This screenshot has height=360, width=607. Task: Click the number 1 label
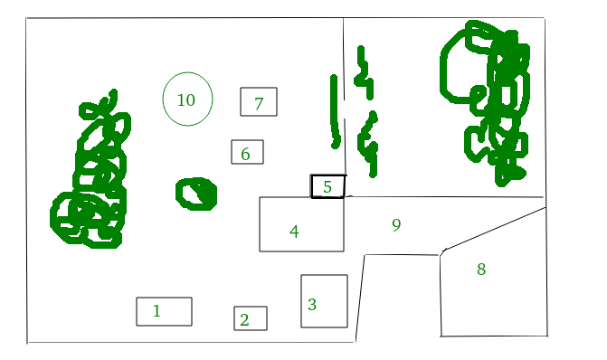click(156, 311)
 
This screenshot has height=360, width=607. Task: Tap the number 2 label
click(244, 320)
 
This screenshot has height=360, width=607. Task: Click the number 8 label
click(481, 269)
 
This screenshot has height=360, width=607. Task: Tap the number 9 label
click(396, 224)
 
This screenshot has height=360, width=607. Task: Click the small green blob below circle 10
click(196, 194)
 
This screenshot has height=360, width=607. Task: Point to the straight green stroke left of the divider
click(335, 111)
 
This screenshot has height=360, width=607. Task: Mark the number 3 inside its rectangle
click(312, 305)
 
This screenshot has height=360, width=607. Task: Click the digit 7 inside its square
click(259, 104)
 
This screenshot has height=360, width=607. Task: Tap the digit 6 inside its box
click(245, 154)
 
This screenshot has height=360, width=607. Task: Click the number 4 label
click(294, 232)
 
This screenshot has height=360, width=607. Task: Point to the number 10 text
click(185, 100)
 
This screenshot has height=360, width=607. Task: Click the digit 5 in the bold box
click(327, 187)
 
